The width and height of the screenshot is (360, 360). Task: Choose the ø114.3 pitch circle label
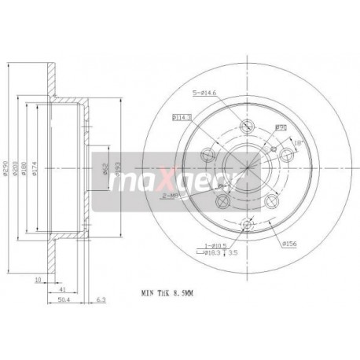182,116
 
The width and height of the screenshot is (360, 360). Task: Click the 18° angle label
299,142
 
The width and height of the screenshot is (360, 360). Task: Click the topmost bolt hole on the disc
248,127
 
